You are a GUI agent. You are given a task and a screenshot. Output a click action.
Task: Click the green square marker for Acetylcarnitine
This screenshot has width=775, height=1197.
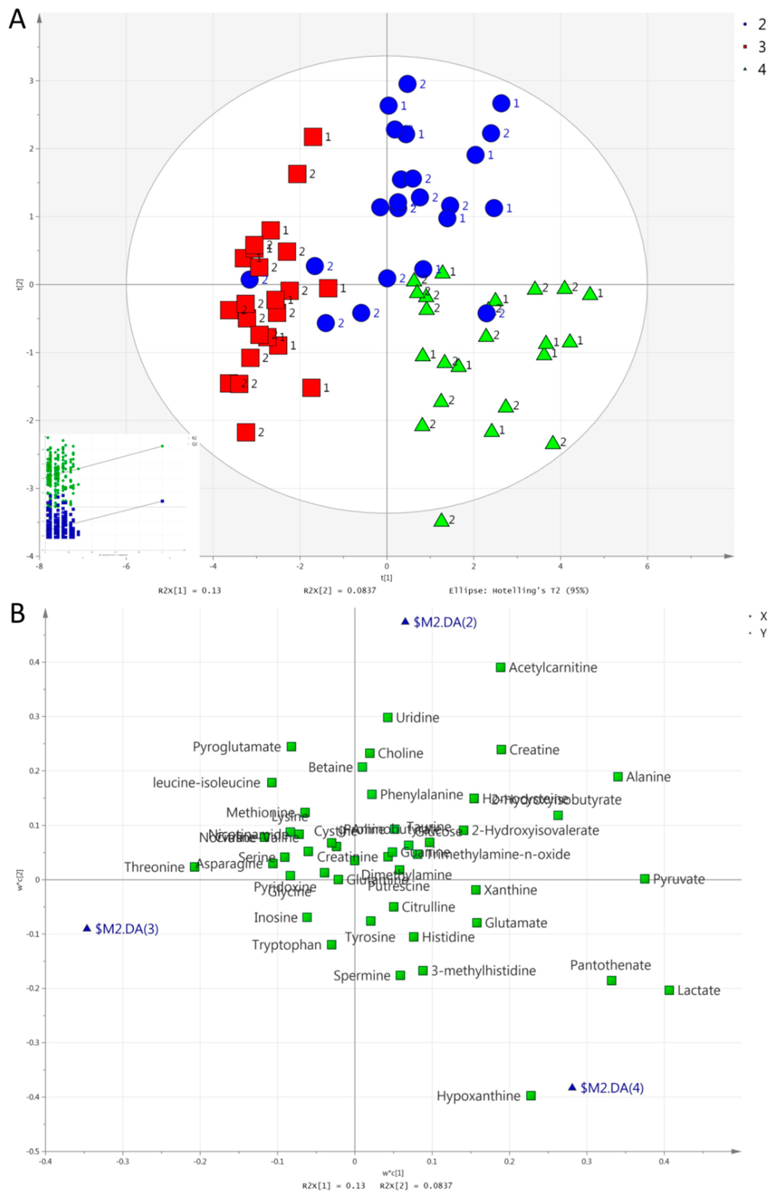pos(500,667)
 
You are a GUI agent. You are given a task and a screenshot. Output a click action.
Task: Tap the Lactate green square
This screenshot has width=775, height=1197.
pos(669,990)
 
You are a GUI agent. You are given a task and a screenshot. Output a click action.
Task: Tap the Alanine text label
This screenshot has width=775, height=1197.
pos(648,777)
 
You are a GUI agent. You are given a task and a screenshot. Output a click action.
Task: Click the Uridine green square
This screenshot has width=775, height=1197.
pos(387,717)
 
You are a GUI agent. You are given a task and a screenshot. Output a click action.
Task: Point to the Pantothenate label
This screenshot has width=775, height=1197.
pos(610,965)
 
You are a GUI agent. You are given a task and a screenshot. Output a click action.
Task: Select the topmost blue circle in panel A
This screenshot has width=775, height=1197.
pos(407,84)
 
